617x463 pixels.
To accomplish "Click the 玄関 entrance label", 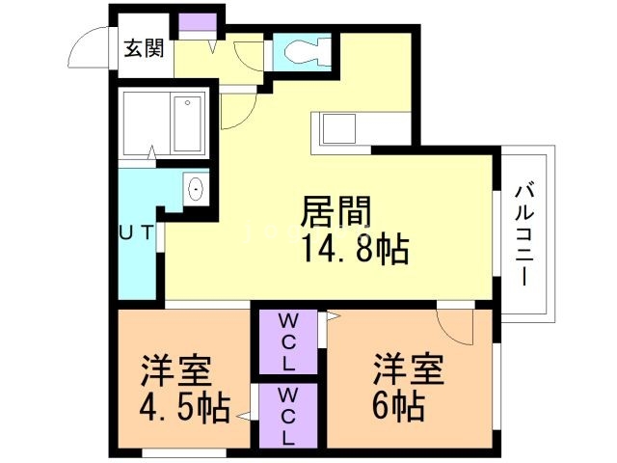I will (x=143, y=49).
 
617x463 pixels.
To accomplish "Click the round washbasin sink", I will (x=196, y=188).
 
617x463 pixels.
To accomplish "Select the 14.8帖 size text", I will (x=354, y=249).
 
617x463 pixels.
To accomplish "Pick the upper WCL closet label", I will (x=290, y=340).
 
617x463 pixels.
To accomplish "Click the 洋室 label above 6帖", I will (x=409, y=369).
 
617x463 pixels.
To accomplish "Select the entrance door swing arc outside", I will (x=89, y=49).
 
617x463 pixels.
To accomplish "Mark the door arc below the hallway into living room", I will (x=236, y=111).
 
